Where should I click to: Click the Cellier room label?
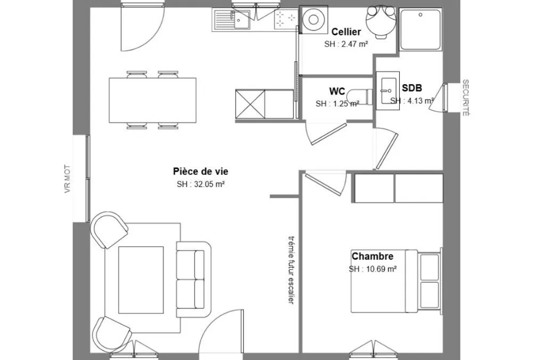(346, 32)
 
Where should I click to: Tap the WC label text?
(337, 91)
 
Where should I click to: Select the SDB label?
(412, 88)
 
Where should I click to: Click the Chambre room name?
(372, 256)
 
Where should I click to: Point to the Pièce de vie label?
(200, 171)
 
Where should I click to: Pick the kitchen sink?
(232, 19)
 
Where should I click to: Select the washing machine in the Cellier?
(313, 20)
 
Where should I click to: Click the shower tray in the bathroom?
(421, 29)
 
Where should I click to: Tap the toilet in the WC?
(360, 97)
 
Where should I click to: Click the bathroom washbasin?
(387, 91)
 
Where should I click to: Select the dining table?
(152, 100)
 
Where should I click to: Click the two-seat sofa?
(193, 279)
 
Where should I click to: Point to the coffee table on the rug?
(141, 280)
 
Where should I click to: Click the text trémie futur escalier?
(292, 270)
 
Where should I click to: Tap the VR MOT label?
(67, 179)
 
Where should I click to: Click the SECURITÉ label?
(465, 98)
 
